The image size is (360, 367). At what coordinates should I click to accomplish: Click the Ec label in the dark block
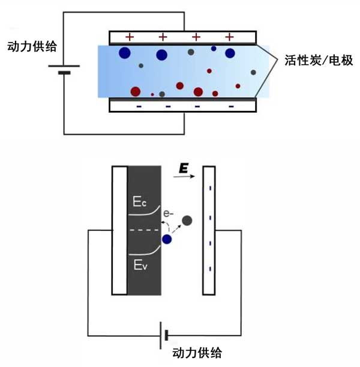tap(139, 203)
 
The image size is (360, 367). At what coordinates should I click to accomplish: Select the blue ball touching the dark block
tap(167, 239)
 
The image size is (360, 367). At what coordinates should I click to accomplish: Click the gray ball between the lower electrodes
tap(187, 221)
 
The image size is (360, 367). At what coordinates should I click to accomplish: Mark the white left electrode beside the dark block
tap(119, 230)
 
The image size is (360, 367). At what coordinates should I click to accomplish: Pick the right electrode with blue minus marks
tap(209, 230)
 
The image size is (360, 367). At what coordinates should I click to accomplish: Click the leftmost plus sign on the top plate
tap(130, 37)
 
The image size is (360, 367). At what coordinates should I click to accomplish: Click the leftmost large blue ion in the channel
tap(125, 53)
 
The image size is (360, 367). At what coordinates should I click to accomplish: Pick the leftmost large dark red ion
tap(136, 92)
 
